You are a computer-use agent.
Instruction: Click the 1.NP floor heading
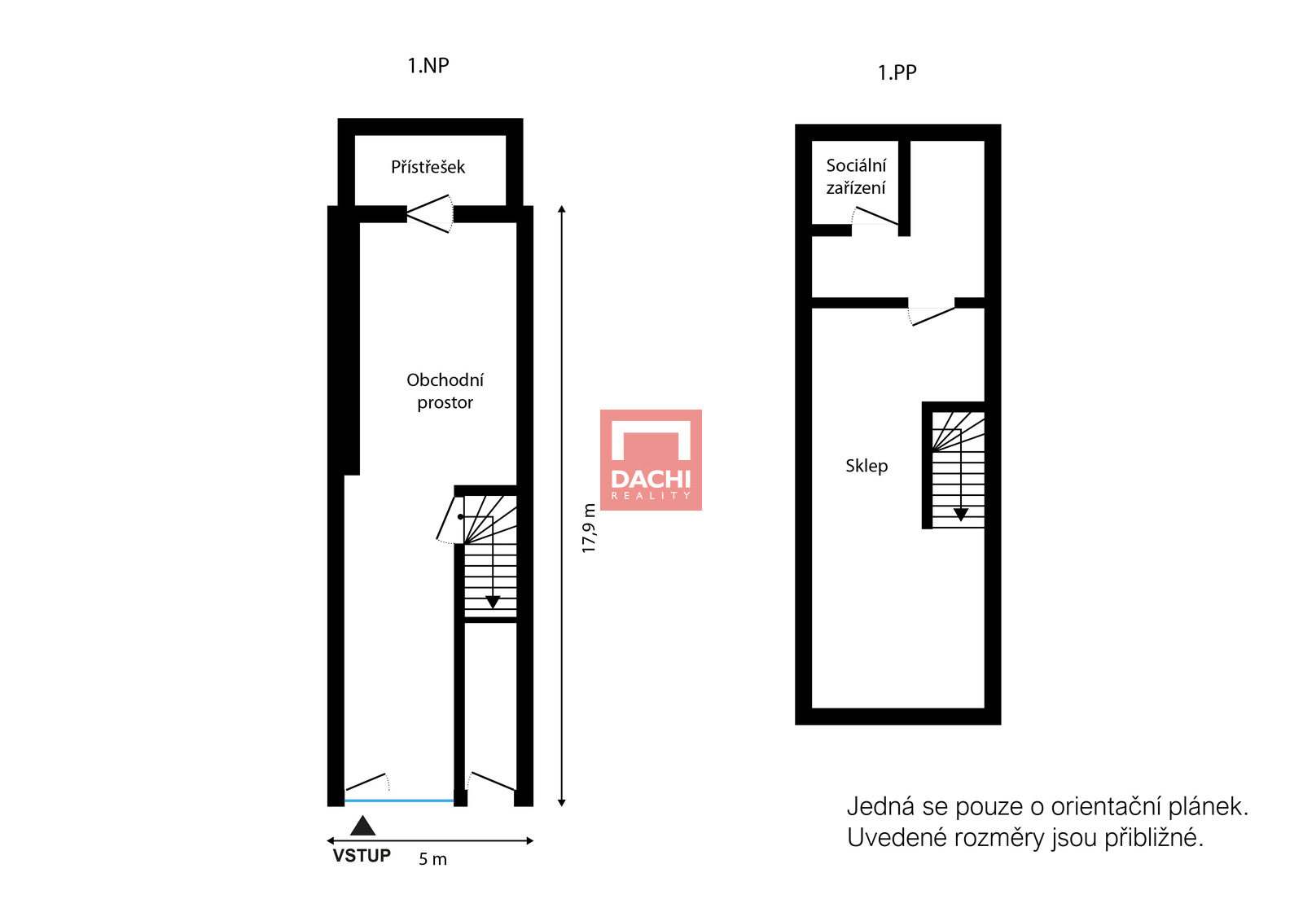click(x=428, y=66)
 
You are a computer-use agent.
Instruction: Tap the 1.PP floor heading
click(x=897, y=72)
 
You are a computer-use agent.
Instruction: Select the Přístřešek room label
click(x=428, y=168)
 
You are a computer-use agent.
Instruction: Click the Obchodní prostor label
click(x=445, y=391)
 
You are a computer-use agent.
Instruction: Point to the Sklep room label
click(x=866, y=466)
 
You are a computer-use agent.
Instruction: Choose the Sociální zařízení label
click(x=856, y=176)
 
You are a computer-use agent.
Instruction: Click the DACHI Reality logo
click(x=651, y=460)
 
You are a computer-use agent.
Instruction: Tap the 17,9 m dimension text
click(x=589, y=528)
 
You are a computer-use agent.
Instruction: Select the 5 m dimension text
click(x=432, y=859)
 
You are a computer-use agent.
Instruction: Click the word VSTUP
click(x=362, y=856)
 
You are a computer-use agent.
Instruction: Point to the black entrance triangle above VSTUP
click(x=362, y=827)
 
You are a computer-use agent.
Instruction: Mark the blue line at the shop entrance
click(x=399, y=800)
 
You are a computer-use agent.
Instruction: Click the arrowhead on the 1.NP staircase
click(x=493, y=602)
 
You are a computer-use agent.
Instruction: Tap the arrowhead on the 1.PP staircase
click(x=961, y=515)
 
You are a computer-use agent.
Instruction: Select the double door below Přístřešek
click(x=430, y=214)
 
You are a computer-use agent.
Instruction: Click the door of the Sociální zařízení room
click(x=875, y=217)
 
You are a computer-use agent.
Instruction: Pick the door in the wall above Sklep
click(x=932, y=316)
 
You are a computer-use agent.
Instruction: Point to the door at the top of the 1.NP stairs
click(x=450, y=520)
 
